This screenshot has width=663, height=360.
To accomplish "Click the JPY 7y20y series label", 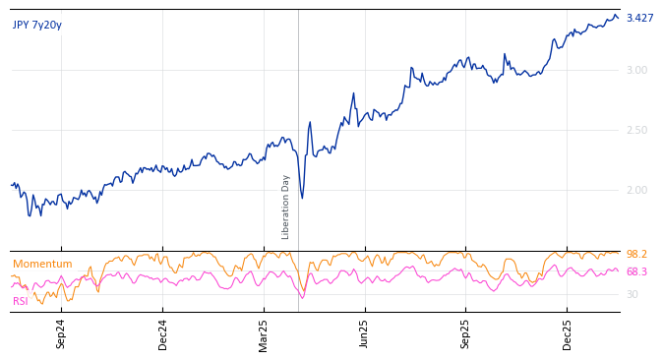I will [x=37, y=26].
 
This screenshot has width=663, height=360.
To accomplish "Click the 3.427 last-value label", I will [x=639, y=19].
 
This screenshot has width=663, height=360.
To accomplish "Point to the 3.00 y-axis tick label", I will [x=636, y=70].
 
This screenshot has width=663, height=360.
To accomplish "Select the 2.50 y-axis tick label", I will [x=636, y=130].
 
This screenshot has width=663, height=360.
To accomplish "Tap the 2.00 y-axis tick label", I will [x=636, y=190].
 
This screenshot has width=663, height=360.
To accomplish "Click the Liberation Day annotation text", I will [x=286, y=207].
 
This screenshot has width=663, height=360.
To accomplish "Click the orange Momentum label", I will [x=42, y=265].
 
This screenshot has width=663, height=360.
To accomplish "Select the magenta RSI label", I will [x=20, y=302].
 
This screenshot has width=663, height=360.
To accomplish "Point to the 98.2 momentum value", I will [x=636, y=255].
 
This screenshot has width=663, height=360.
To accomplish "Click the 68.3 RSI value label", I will [x=636, y=272].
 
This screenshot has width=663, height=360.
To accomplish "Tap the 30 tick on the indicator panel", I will [x=632, y=294].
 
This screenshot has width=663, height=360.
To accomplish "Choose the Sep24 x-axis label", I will [x=61, y=333].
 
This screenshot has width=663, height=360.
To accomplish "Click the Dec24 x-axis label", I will [x=163, y=333].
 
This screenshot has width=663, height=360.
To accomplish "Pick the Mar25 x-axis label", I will [x=264, y=333].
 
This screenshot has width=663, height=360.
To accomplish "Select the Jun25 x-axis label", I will [x=365, y=333].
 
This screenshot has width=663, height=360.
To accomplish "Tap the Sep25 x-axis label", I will [x=466, y=333].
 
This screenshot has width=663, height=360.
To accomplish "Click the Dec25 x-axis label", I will [x=568, y=333].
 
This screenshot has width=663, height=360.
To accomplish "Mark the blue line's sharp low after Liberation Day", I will [x=302, y=198].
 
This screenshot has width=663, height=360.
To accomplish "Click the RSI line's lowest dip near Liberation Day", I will [x=302, y=297].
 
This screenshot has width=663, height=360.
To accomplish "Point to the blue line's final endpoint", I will [x=619, y=18].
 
